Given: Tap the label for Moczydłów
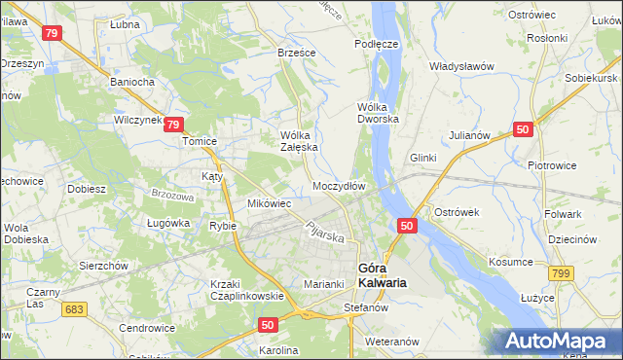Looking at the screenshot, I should point(339,185).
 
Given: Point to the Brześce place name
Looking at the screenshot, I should point(297,54).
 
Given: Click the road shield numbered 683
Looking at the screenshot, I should point(71,308).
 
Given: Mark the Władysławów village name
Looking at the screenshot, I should point(463,66).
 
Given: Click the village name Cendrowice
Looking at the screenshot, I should point(146,328).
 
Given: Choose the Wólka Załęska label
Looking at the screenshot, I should point(299,141).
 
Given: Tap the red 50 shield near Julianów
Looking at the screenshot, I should point(524,129).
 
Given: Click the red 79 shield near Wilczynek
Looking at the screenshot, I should point(172,124).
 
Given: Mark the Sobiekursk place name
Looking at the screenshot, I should point(592,76).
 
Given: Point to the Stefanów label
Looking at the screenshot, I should point(367,307).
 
